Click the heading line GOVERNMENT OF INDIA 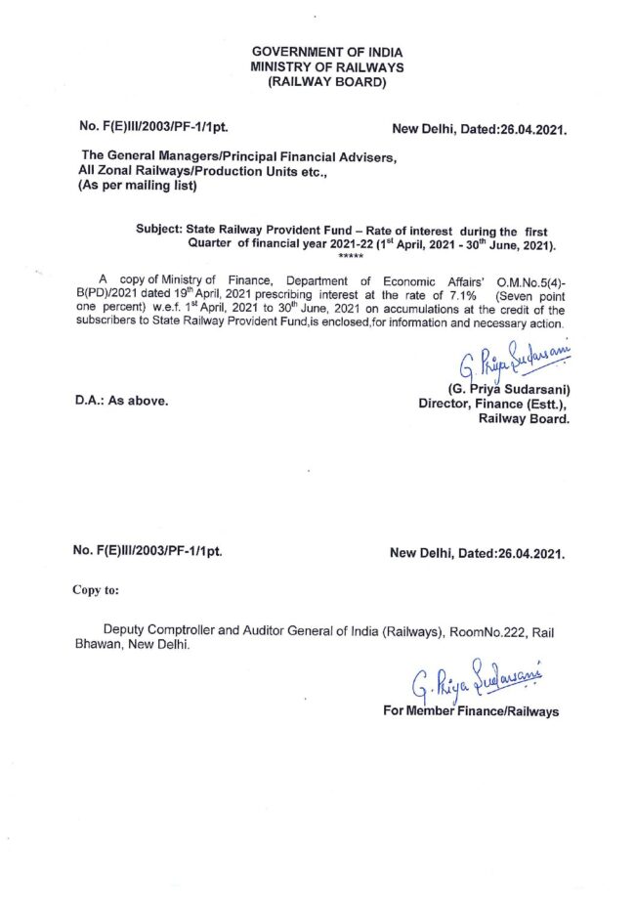(325, 51)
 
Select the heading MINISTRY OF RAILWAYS (325, 66)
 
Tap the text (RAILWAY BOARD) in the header (325, 82)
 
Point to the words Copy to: (96, 589)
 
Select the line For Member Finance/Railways (473, 710)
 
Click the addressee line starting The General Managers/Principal (239, 156)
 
